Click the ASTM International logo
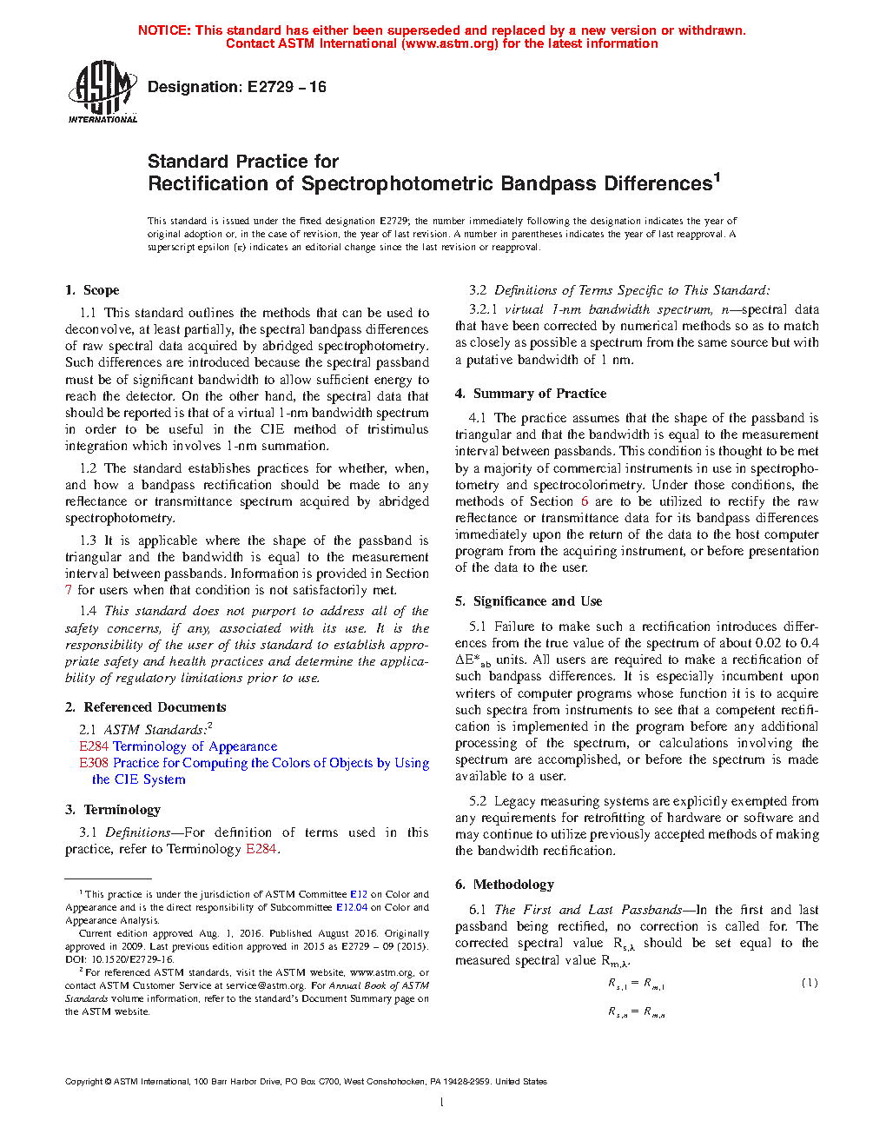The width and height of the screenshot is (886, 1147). click(102, 90)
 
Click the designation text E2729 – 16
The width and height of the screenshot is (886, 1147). click(287, 87)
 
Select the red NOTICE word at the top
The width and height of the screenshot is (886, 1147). click(164, 30)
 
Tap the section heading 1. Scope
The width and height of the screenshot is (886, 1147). click(92, 290)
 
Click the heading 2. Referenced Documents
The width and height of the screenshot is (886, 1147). click(145, 707)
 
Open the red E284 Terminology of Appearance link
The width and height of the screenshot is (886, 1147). click(178, 746)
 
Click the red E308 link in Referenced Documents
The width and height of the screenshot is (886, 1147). click(94, 763)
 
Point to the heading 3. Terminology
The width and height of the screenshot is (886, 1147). click(113, 810)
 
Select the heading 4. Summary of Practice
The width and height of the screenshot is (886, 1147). click(531, 394)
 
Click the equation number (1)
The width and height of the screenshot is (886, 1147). click(810, 983)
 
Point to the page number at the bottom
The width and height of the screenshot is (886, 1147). click(442, 1103)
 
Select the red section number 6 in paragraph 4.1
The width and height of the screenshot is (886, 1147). click(585, 501)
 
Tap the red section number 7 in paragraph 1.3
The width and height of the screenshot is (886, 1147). click(69, 590)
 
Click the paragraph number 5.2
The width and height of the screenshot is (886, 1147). click(478, 801)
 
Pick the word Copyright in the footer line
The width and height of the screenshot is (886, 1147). click(84, 1082)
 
